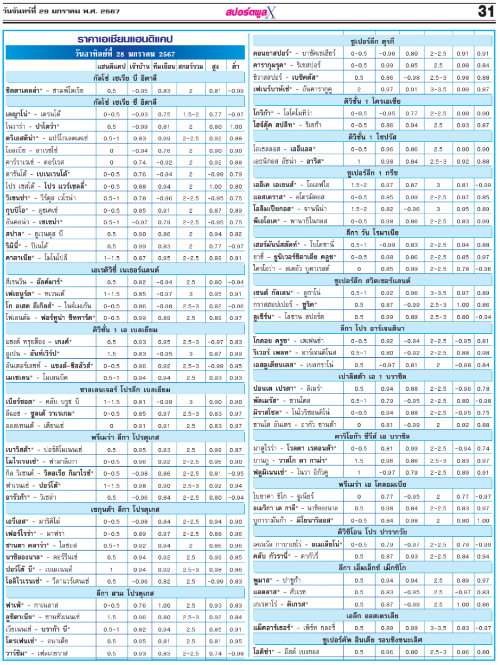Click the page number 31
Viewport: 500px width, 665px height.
click(486, 12)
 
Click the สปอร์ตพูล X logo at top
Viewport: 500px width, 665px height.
click(251, 12)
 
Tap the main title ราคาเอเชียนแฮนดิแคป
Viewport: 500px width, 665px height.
click(125, 39)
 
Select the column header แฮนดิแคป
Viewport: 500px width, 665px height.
click(111, 66)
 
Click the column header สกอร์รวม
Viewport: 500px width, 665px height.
click(190, 66)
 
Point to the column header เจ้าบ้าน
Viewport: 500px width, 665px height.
click(139, 66)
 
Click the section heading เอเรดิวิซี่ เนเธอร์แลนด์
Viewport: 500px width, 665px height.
click(125, 270)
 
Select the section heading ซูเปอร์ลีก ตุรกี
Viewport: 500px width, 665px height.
click(372, 41)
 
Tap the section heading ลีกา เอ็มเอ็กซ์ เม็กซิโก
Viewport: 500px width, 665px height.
click(372, 567)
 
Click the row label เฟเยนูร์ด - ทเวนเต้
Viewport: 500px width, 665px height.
click(35, 293)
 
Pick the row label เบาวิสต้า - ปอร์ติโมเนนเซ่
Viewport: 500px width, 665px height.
click(44, 449)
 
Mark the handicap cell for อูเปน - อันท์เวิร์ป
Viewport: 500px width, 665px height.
click(111, 353)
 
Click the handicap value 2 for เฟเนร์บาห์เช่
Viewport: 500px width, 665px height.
click(359, 89)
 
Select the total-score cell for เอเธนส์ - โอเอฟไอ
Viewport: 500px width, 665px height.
click(438, 185)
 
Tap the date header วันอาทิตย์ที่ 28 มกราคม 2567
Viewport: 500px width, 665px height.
click(125, 54)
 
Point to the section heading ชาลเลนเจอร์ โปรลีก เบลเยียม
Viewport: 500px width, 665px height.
click(125, 389)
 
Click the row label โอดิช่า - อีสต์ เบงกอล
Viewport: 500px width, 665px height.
click(286, 651)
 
